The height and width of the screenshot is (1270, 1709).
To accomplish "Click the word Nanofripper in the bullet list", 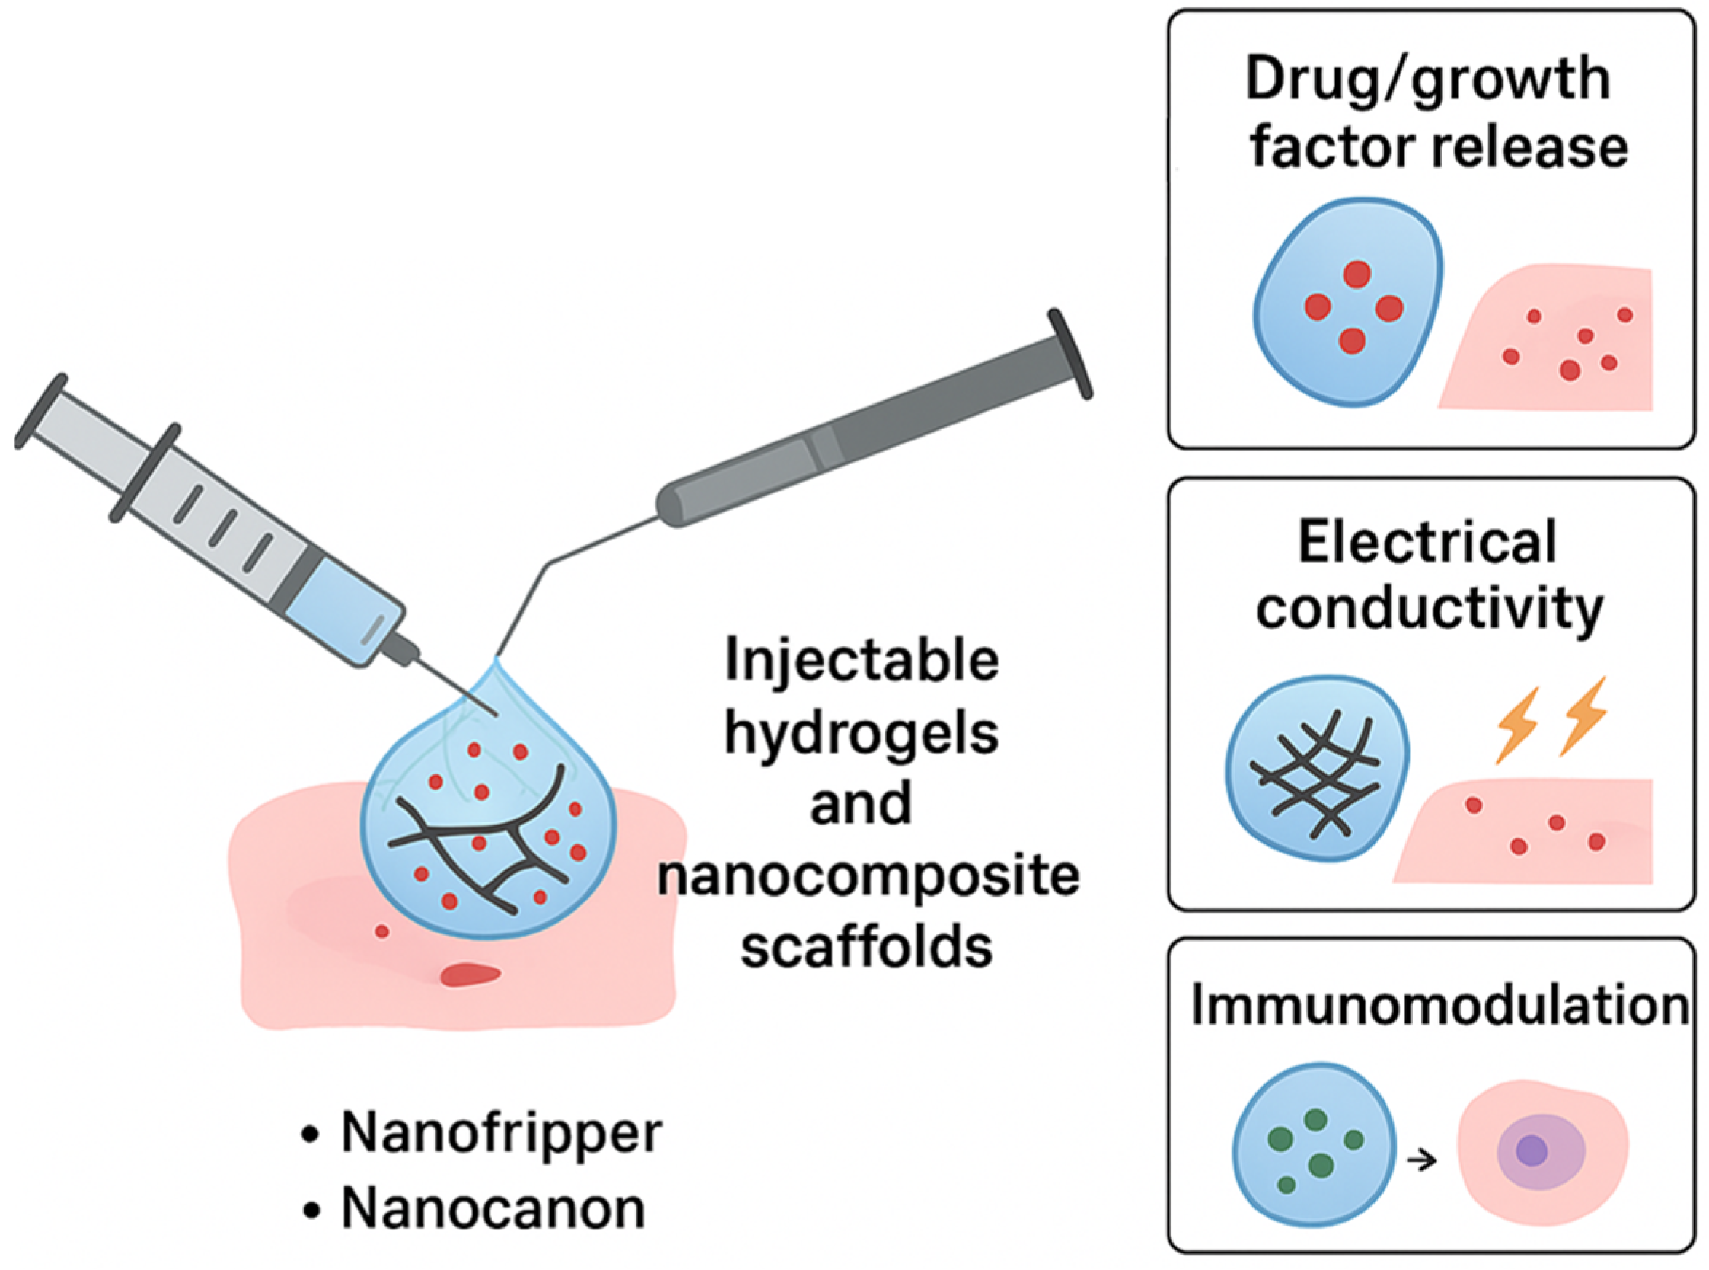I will pyautogui.click(x=501, y=1133).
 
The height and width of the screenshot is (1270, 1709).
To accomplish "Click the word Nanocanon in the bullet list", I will pyautogui.click(x=492, y=1208).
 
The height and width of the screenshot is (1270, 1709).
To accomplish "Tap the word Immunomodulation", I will pyautogui.click(x=1439, y=1005).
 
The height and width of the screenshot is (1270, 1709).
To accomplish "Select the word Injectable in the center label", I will pyautogui.click(x=861, y=660).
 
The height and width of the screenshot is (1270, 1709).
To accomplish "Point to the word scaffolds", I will pyautogui.click(x=866, y=946).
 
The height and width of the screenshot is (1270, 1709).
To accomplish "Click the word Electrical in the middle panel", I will pyautogui.click(x=1427, y=542).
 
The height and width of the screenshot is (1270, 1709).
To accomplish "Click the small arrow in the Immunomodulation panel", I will pyautogui.click(x=1421, y=1160).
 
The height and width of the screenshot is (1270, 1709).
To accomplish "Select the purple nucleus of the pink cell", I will pyautogui.click(x=1531, y=1151).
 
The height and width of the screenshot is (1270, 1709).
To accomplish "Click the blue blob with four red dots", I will pyautogui.click(x=1348, y=302).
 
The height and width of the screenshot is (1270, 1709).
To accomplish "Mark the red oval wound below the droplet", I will pyautogui.click(x=470, y=975).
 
